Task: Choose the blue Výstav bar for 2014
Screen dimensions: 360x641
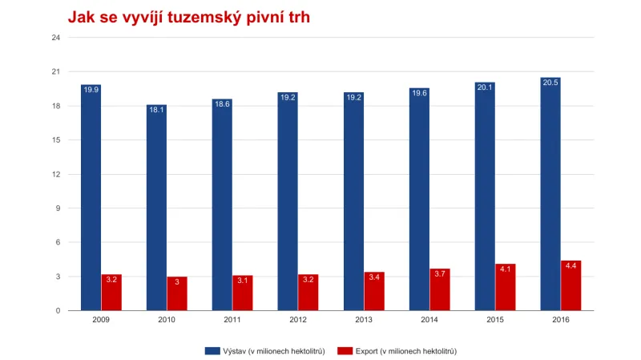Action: (x=419, y=200)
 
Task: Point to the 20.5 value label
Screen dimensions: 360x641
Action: (x=550, y=82)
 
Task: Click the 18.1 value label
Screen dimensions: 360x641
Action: (x=156, y=109)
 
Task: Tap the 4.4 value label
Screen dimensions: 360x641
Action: (x=570, y=265)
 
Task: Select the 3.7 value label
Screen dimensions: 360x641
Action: (x=440, y=273)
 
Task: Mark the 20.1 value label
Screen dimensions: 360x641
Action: (x=485, y=87)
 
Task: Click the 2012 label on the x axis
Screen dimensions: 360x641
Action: (x=298, y=319)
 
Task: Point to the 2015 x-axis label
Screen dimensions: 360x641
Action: (x=494, y=319)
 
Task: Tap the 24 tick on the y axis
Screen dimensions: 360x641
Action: (x=55, y=38)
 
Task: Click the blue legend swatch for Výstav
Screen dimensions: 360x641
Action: (x=213, y=351)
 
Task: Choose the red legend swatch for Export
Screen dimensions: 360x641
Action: (x=345, y=351)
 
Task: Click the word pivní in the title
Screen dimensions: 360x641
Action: (x=260, y=17)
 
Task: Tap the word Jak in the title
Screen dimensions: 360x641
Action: (x=79, y=17)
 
